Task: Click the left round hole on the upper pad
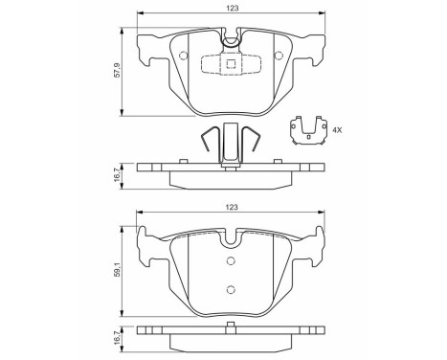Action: coord(184,55)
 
